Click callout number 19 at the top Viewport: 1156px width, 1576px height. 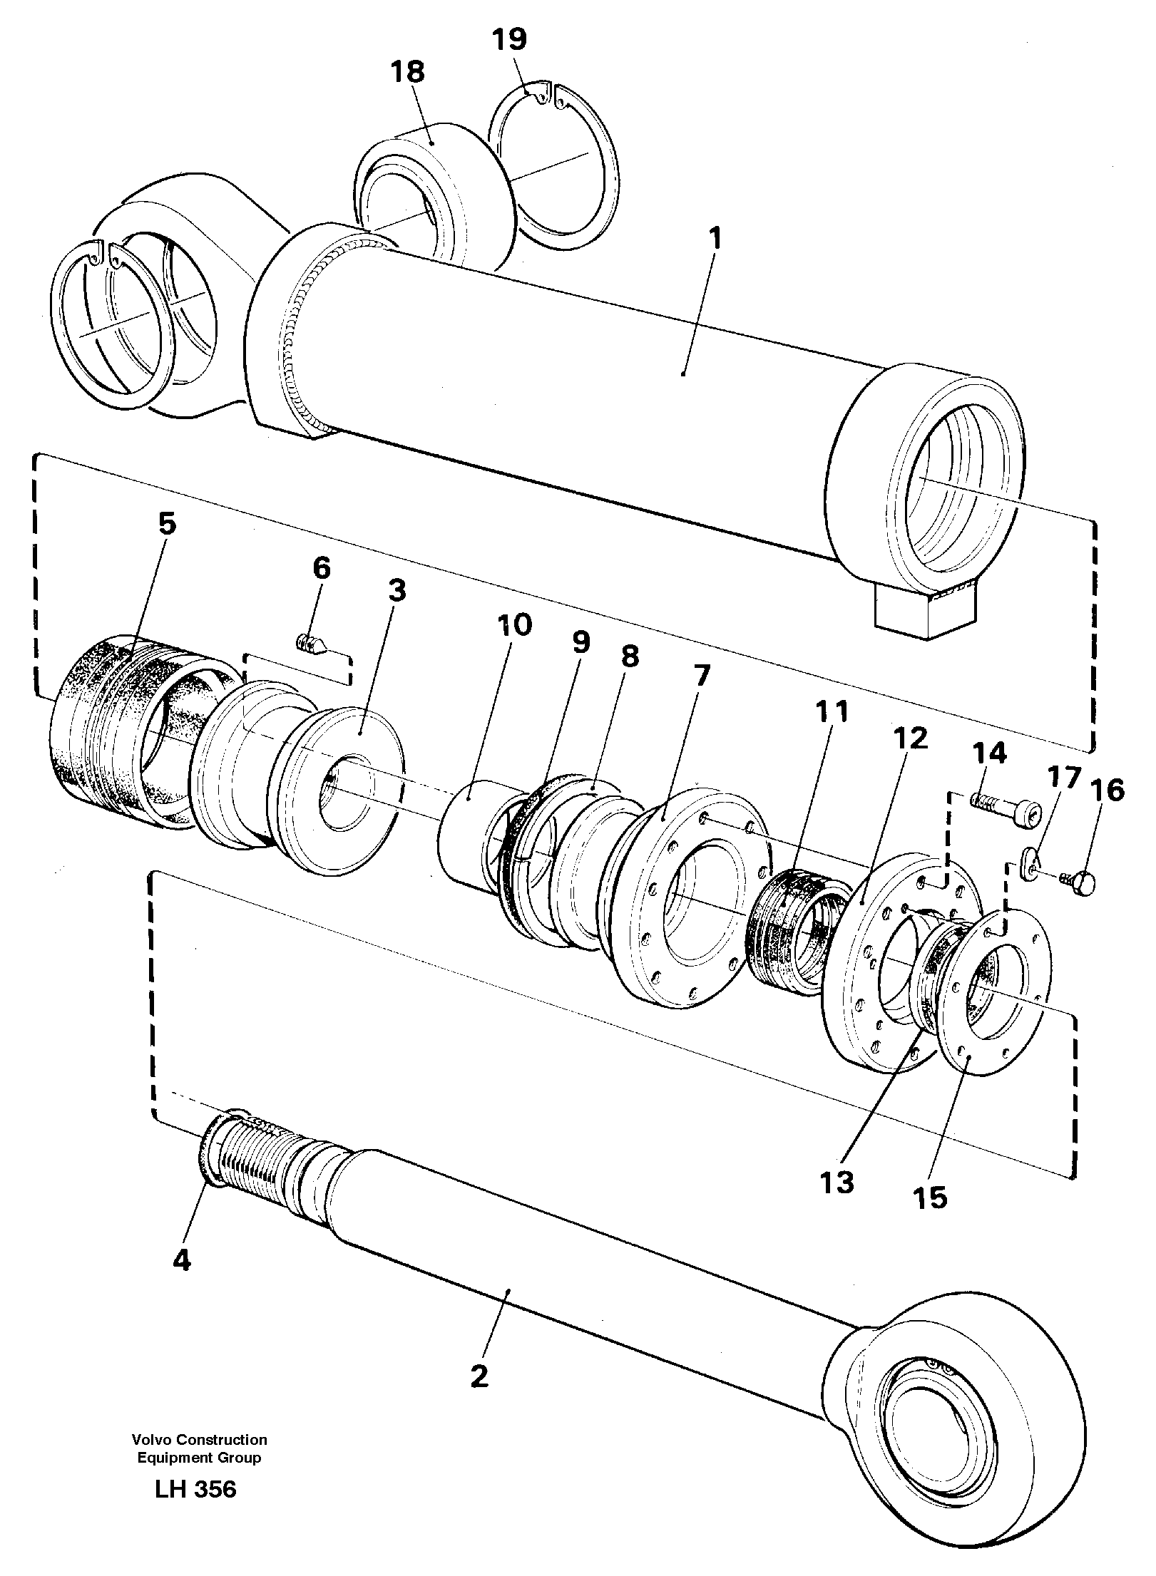pos(510,39)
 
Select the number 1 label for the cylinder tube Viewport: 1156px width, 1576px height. pos(715,239)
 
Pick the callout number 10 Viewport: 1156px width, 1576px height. pos(515,625)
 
